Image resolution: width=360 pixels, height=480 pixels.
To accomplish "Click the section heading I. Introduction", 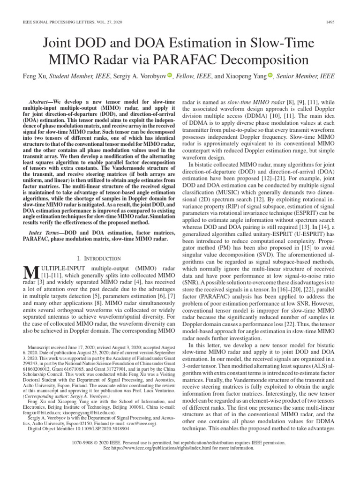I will coord(98,258).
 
